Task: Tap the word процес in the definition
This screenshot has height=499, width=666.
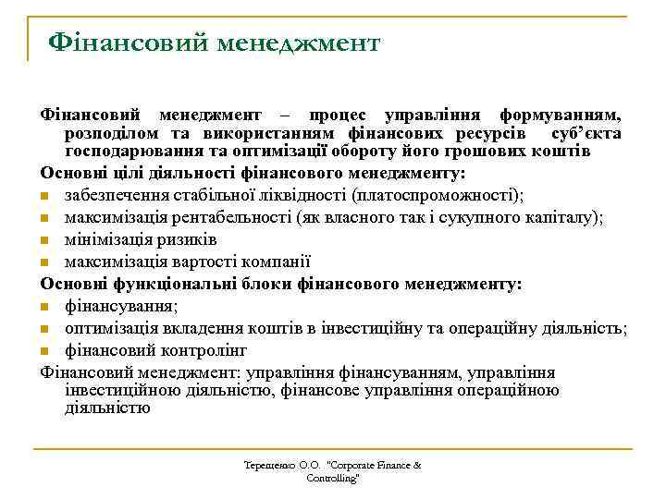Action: click(x=334, y=116)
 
